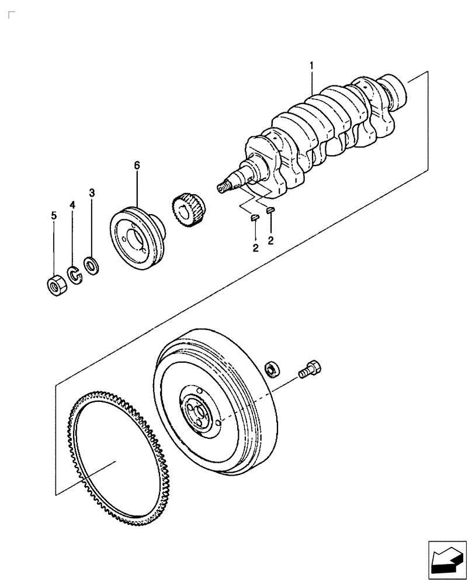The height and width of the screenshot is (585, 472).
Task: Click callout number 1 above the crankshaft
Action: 311,66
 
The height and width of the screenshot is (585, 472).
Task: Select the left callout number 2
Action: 255,248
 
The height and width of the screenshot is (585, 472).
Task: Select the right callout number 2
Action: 271,240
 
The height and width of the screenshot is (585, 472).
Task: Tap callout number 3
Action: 92,192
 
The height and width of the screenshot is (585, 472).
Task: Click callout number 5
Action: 54,216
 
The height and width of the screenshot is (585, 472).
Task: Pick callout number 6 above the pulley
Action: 137,166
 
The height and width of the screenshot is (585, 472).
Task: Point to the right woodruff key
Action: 270,211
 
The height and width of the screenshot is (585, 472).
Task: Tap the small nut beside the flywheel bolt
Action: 271,369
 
